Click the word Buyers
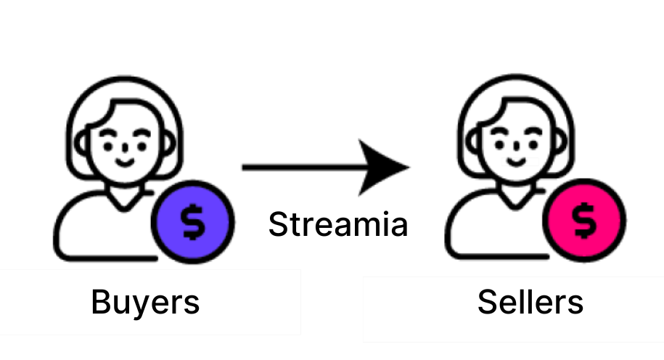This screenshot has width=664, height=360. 144,301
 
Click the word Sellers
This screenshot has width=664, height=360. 530,301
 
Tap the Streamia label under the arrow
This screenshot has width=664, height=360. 337,224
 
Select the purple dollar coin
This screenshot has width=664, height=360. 192,221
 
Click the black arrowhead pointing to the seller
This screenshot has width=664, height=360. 385,168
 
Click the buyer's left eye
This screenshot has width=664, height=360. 108,144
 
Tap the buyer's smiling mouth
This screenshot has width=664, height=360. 123,161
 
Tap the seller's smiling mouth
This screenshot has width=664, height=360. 516,161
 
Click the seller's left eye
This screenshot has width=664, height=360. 501,144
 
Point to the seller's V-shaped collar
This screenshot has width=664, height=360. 517,200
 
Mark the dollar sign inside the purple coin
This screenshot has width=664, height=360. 192,221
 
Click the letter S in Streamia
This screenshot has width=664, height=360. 278,224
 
